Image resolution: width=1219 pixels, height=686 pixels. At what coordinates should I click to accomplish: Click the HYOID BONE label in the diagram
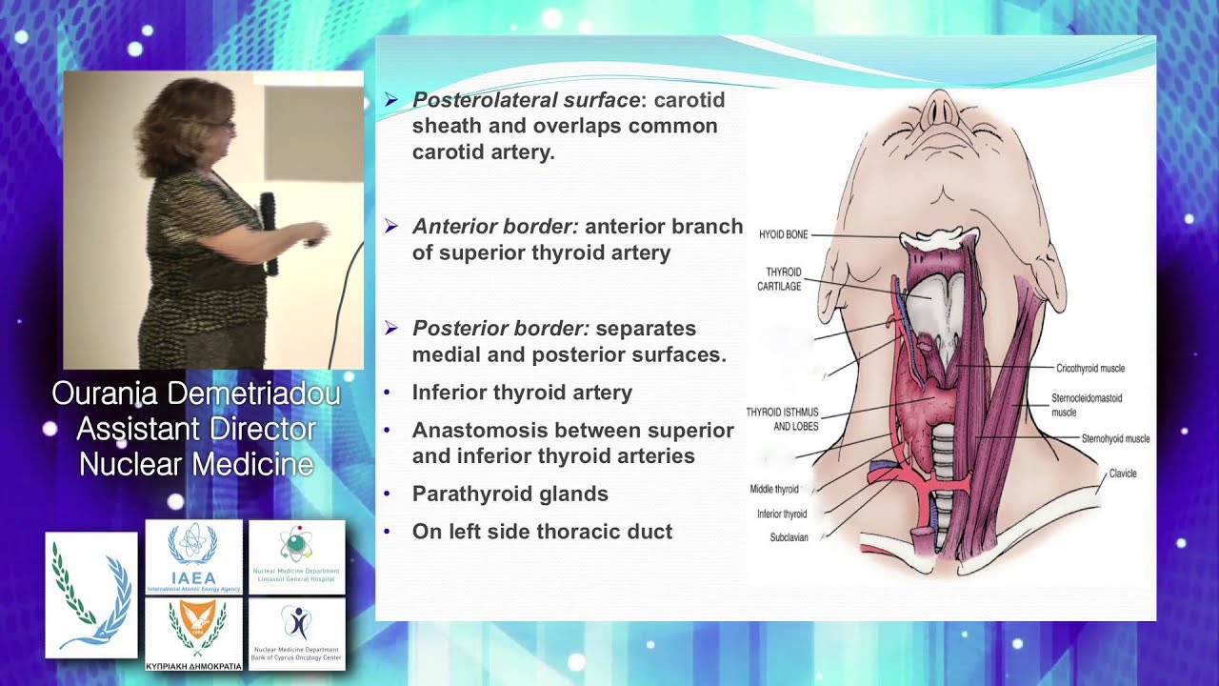783,234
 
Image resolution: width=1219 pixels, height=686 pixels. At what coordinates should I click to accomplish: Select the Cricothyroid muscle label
1090,368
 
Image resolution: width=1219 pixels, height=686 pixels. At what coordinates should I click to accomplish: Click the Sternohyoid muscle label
1115,439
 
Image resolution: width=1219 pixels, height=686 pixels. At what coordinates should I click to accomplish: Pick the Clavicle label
1122,474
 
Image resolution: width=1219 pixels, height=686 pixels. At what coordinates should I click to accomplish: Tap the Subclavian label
789,537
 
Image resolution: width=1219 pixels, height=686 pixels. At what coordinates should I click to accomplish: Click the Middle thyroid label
774,490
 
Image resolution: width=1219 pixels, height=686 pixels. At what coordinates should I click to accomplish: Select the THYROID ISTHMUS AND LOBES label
782,419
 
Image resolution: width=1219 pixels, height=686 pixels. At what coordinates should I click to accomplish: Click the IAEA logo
194,556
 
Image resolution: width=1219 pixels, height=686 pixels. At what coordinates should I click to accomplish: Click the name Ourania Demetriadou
196,393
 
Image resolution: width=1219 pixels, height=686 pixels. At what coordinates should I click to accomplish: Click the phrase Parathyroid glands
510,494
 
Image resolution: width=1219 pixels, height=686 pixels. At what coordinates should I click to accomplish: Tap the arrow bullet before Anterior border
391,226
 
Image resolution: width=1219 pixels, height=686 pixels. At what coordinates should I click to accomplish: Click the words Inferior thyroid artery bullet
522,393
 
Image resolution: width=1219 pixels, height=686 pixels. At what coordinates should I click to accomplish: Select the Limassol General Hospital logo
297,556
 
